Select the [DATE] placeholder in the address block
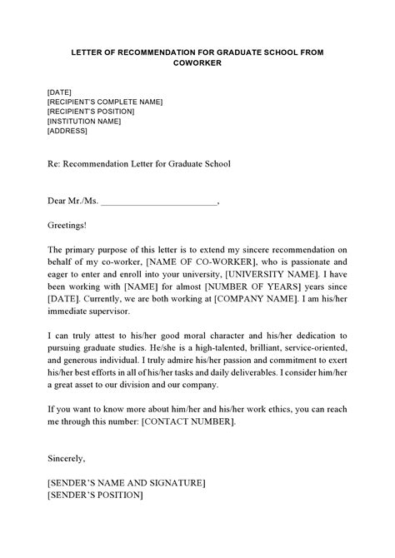[60, 91]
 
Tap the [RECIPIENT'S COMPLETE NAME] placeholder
[105, 101]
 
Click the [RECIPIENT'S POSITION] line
[93, 111]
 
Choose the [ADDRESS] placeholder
[67, 131]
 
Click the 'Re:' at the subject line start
[54, 164]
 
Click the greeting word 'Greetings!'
[67, 225]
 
